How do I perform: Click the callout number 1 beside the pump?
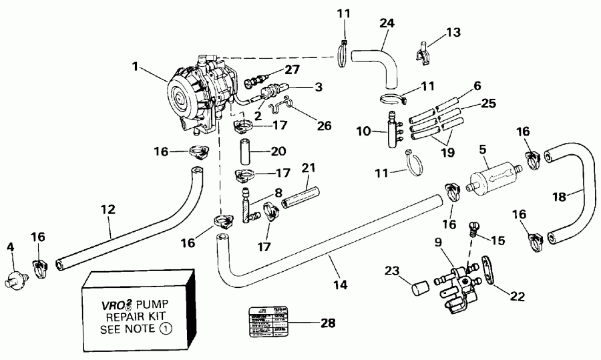tap(136, 67)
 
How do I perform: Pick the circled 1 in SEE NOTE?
tap(164, 329)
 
